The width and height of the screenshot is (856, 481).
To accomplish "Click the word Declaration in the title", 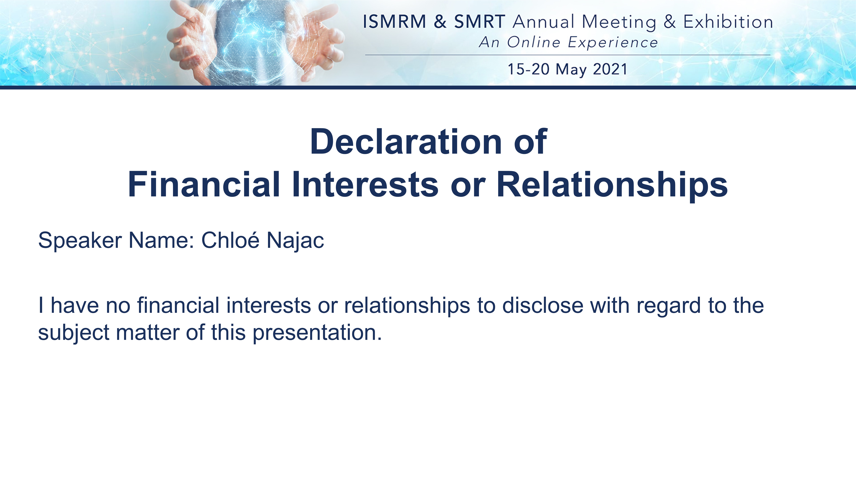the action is coord(405,142).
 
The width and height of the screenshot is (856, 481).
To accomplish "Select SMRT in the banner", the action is coord(479,22).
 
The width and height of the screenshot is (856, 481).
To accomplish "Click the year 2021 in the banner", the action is coord(610,69).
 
